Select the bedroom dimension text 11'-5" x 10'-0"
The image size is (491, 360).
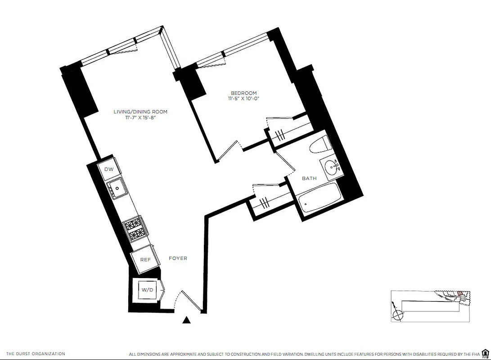[x=244, y=99]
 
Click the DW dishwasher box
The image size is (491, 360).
[x=109, y=169]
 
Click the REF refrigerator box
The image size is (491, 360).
[x=145, y=260]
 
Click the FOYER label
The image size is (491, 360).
[x=178, y=258]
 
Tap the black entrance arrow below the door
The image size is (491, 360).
[x=187, y=320]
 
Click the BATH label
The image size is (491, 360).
[x=309, y=178]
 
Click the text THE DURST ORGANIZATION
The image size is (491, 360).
[x=36, y=354]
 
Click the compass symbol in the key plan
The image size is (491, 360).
[x=396, y=315]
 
